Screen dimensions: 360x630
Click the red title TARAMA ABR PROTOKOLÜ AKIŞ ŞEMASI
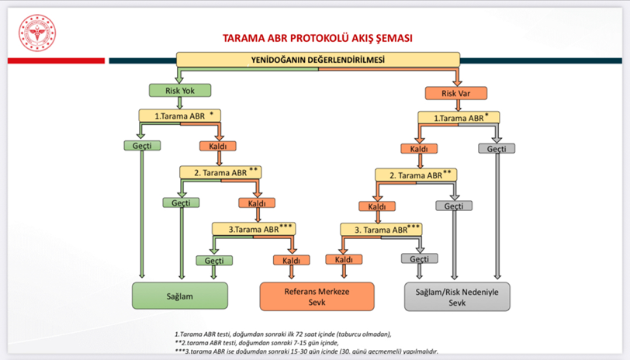point(317,37)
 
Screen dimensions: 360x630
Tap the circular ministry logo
point(38,33)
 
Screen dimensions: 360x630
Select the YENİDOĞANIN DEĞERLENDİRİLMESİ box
point(318,59)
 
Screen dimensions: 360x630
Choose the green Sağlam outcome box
point(180,296)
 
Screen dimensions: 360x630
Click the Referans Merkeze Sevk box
point(317,296)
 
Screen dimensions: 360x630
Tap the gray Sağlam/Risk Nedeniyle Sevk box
point(458,296)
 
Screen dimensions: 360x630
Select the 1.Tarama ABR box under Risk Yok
point(180,116)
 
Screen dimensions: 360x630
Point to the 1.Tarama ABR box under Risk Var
point(458,118)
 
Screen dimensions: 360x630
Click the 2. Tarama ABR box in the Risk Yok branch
point(220,172)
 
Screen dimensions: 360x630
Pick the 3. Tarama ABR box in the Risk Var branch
point(381,230)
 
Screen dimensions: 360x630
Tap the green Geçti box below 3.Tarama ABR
point(214,261)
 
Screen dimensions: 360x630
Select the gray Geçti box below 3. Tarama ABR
point(419,258)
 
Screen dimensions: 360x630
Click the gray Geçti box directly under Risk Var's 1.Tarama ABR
point(497,148)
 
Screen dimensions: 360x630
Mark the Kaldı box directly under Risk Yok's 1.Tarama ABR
point(217,146)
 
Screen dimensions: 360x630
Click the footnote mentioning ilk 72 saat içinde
point(283,334)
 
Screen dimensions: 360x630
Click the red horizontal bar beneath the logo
point(54,61)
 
